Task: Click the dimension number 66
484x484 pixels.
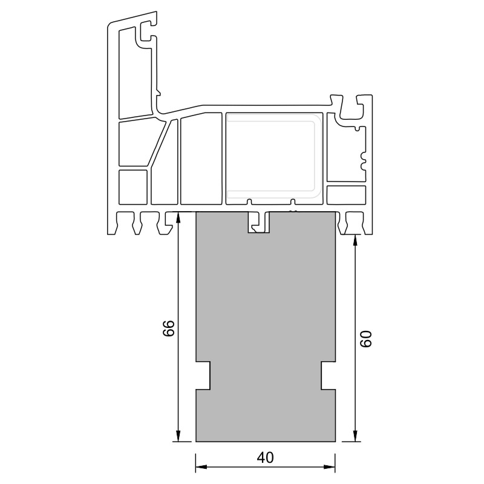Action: click(169, 328)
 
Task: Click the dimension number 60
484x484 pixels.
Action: click(367, 339)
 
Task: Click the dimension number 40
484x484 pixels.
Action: click(265, 457)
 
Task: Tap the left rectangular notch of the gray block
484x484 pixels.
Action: click(203, 375)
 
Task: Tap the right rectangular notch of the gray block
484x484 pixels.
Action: click(328, 375)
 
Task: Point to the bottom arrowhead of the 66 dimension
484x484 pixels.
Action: click(178, 436)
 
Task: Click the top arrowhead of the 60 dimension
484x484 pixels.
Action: click(356, 240)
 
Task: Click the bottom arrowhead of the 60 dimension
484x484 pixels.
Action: click(356, 436)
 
